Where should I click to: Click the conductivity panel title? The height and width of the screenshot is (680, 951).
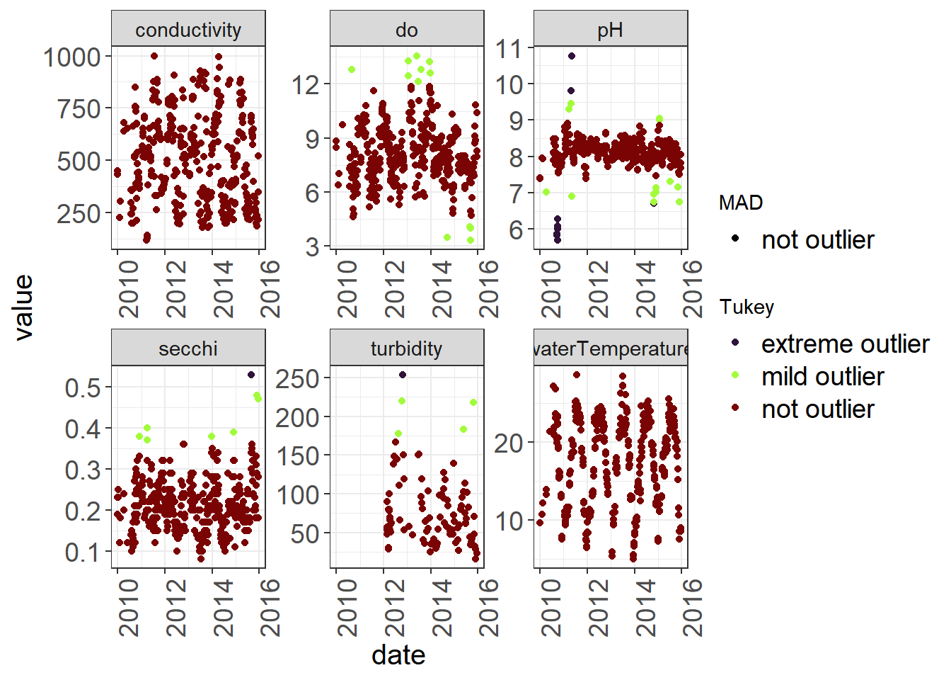(x=188, y=30)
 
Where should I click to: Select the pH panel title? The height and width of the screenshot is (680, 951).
(x=610, y=30)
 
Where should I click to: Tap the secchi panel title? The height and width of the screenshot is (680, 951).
(x=188, y=348)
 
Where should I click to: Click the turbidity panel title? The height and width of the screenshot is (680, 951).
(x=406, y=348)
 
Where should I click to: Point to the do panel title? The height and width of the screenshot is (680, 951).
(x=406, y=30)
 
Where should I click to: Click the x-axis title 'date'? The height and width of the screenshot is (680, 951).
(x=398, y=655)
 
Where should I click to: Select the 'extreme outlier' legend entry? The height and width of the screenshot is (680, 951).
(x=845, y=344)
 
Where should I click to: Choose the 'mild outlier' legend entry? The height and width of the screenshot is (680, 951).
(x=822, y=376)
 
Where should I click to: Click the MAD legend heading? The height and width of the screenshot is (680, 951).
(x=741, y=203)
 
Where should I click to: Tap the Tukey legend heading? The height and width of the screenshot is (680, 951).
(x=747, y=307)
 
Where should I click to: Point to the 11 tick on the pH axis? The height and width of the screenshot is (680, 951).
(x=509, y=49)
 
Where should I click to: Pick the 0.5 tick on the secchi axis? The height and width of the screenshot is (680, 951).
(x=83, y=387)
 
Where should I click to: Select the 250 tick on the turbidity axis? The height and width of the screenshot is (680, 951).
(x=297, y=378)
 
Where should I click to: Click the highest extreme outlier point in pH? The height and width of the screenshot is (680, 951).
(x=572, y=56)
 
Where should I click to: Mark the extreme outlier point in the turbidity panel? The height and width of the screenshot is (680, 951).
(x=403, y=375)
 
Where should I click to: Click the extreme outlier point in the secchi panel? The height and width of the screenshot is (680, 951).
(x=251, y=375)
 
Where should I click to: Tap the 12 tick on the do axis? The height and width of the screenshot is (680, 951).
(x=306, y=85)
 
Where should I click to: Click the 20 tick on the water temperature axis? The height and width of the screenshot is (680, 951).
(x=509, y=443)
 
